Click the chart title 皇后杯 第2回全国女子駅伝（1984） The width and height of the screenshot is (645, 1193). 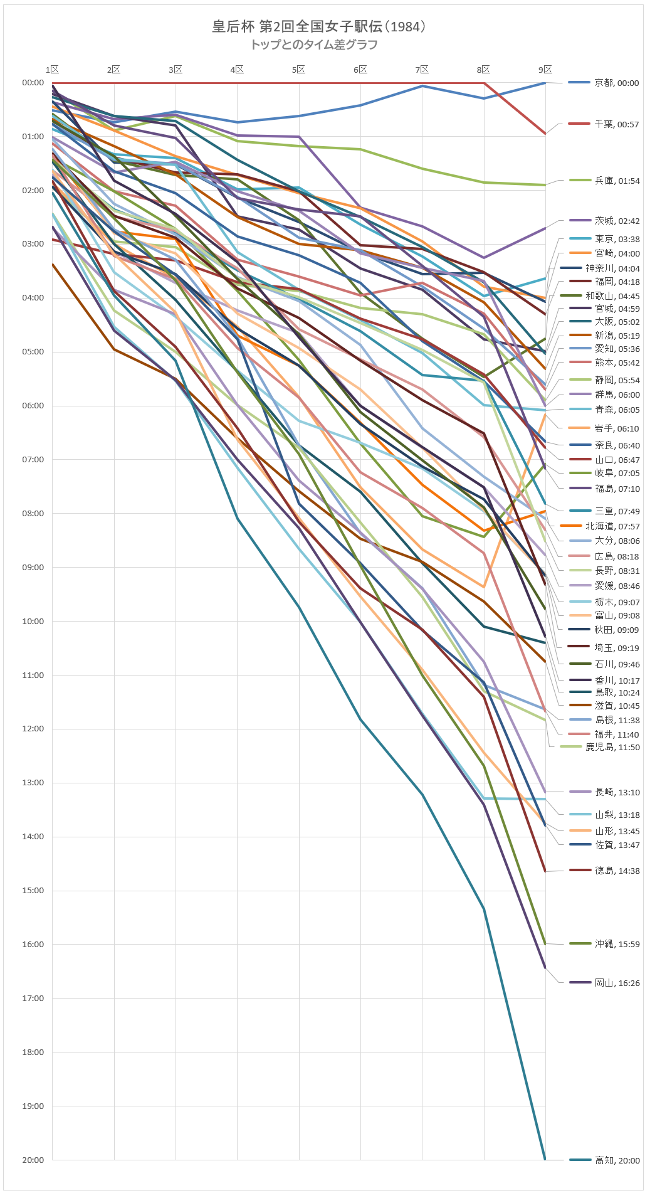(319, 26)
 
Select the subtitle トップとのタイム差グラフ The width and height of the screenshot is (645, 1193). (313, 45)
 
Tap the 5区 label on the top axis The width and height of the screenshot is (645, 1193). (298, 70)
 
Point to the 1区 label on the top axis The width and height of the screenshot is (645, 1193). (52, 70)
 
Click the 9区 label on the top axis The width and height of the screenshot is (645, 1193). (545, 70)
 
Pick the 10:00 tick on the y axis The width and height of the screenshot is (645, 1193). (33, 621)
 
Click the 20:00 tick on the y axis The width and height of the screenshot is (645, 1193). (33, 1160)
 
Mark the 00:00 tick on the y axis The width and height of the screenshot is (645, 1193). (33, 83)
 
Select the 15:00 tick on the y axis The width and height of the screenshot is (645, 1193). (33, 891)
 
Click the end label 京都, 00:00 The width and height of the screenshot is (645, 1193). (617, 83)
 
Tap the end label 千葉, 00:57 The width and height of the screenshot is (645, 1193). (617, 124)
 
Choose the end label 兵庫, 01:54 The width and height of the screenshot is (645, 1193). (617, 181)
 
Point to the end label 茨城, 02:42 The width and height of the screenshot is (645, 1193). (617, 221)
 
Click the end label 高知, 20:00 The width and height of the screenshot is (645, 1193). (617, 1160)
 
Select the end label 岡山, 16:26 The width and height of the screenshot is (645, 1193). (617, 983)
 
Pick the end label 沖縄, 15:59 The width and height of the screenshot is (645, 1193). (617, 944)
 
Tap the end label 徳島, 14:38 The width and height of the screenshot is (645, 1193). (617, 871)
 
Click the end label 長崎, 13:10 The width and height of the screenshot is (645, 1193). (617, 792)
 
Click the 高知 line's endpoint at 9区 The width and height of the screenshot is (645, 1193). (545, 1159)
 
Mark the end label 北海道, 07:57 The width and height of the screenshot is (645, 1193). (612, 526)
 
